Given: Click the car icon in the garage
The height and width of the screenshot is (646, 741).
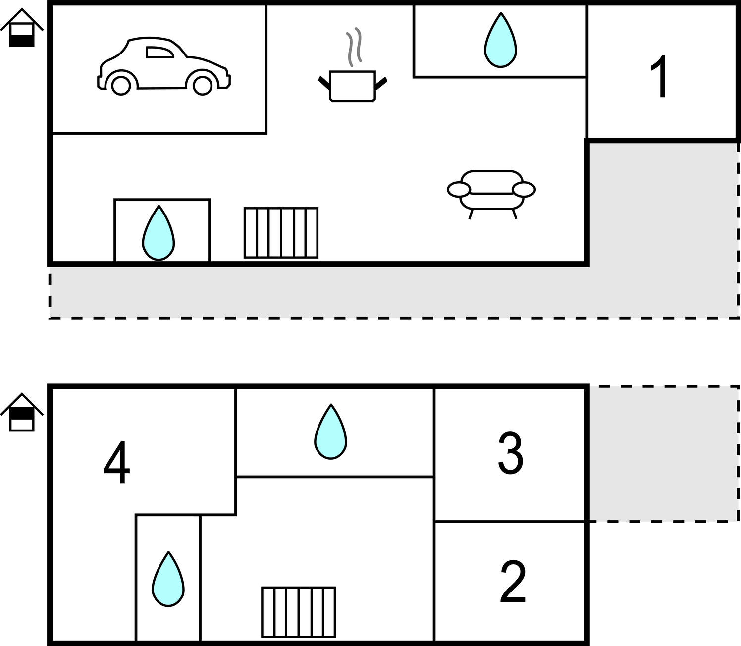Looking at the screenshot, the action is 163,66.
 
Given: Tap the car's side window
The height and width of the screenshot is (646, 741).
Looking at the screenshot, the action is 159,52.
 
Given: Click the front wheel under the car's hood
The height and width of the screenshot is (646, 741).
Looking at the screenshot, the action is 202,86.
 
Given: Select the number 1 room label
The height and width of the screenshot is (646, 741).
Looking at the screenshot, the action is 659,76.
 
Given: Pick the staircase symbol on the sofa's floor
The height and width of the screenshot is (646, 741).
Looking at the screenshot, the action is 281,232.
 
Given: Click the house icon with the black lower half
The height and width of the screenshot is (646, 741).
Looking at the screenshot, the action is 22,28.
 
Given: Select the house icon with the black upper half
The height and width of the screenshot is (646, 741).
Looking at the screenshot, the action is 22,412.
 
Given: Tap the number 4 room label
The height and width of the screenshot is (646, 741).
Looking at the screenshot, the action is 116,462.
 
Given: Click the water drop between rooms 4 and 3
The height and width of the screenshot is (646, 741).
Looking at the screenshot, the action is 330,431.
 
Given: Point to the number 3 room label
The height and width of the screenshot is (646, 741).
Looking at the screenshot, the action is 511,453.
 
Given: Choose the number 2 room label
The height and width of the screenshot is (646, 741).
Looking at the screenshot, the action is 513,581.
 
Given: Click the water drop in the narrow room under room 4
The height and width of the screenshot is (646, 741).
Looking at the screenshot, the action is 168,579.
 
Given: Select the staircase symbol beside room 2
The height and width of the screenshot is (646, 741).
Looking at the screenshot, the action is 298,612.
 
